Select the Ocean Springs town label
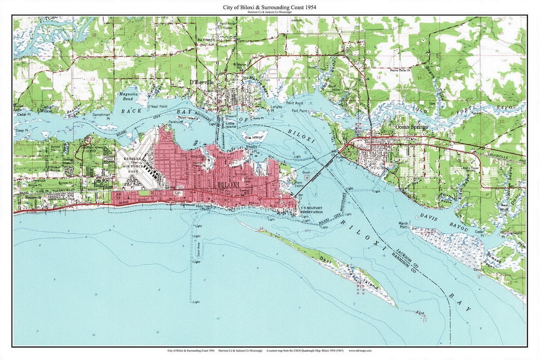point(411,127)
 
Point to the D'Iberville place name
point(202,82)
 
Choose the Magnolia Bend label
point(126,96)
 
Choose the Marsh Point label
point(404,225)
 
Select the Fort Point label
point(299,111)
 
